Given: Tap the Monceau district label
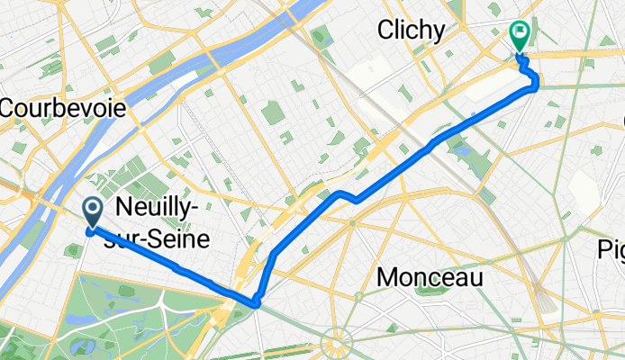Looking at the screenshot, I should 429,278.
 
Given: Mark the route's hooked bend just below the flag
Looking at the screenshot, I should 535,84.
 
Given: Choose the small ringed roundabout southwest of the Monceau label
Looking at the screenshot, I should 358,296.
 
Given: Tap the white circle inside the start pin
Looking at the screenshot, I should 94,209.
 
